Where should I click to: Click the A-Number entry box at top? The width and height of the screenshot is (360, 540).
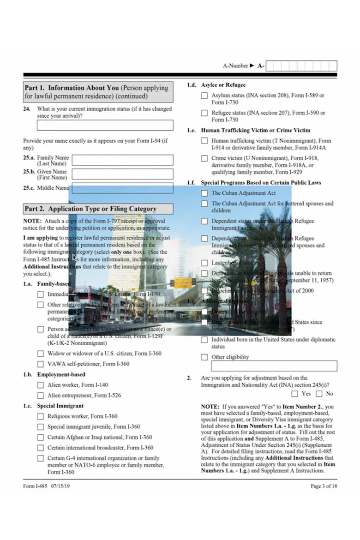coord(301,66)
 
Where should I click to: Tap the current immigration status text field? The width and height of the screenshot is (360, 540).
coord(105,125)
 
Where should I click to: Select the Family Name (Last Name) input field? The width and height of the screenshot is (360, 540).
coord(123,160)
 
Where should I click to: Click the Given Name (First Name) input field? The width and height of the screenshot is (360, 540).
coord(123,174)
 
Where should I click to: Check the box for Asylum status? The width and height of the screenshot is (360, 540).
coord(204,96)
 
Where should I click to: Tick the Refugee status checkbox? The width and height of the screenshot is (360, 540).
coord(204,113)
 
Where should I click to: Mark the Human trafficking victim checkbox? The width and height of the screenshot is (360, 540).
coord(204,141)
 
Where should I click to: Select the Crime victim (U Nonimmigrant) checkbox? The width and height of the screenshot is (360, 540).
coord(204,158)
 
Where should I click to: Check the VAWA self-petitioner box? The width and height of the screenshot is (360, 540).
coord(41,364)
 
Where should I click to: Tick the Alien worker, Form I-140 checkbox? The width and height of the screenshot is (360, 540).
coord(41,385)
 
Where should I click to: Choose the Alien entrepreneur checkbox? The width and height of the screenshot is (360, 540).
coord(41,396)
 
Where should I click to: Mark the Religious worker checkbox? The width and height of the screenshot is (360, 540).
coord(41,416)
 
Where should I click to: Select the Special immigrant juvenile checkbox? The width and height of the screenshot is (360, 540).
coord(41,427)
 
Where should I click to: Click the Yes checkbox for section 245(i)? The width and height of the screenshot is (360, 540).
coord(295,394)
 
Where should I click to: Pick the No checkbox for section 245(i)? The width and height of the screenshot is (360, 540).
coord(319,394)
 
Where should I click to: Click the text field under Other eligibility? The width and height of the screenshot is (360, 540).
coord(274,366)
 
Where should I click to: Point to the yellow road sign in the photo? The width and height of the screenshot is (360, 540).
coord(183,283)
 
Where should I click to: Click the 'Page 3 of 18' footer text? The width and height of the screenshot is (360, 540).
coord(324,486)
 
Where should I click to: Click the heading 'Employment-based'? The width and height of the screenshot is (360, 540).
coord(61,374)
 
